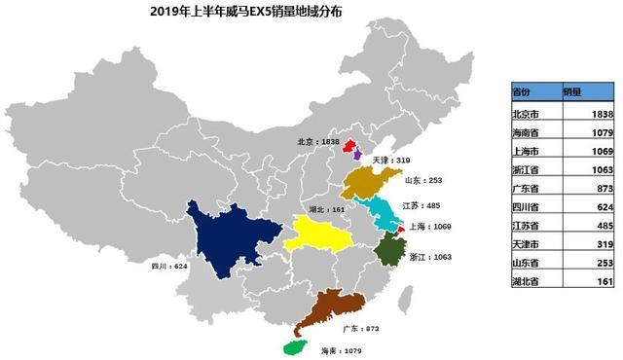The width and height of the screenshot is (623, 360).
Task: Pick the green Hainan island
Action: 293,346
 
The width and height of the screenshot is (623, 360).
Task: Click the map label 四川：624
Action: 169,264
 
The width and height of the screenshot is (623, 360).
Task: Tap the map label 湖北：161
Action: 325,208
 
